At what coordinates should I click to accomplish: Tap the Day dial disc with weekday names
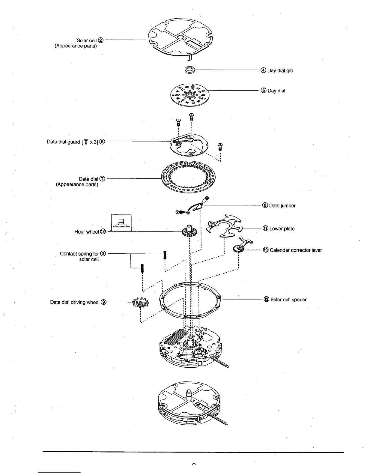[x=189, y=94]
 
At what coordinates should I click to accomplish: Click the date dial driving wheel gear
[x=140, y=303]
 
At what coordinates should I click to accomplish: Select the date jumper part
[x=194, y=207]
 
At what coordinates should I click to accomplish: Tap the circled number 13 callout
[x=267, y=300]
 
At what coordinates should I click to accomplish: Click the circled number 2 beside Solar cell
[x=101, y=40]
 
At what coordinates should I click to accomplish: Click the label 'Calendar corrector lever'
[x=296, y=250]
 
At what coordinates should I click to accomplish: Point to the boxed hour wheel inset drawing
[x=121, y=223]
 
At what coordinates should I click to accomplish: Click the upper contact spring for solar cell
[x=165, y=255]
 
